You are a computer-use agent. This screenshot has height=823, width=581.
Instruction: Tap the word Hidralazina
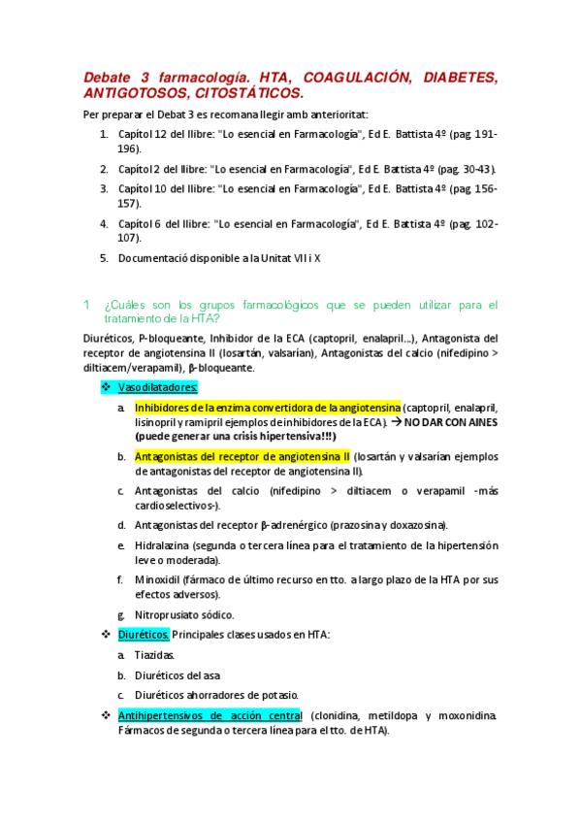click(163, 545)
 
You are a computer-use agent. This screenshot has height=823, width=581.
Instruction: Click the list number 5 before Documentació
click(105, 258)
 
